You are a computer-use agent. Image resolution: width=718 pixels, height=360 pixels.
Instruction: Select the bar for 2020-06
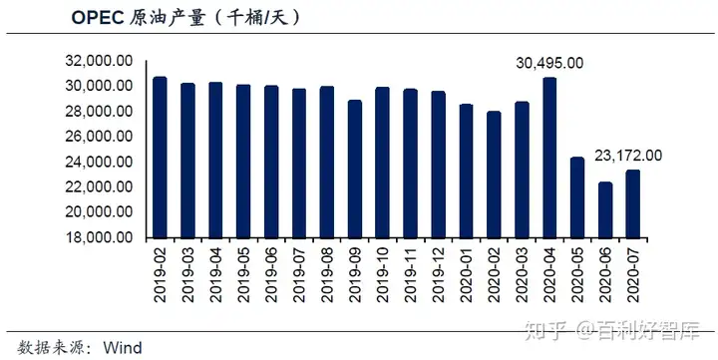[x=605, y=209]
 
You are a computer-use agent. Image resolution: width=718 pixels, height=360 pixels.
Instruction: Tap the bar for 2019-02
[x=160, y=158]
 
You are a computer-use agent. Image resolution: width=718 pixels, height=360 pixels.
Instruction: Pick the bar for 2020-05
[x=577, y=197]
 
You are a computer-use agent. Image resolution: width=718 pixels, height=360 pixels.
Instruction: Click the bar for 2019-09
[x=354, y=169]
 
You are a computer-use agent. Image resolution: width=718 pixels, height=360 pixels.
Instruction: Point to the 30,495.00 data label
[x=549, y=63]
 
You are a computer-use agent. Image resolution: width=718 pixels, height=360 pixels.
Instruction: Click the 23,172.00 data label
[x=628, y=155]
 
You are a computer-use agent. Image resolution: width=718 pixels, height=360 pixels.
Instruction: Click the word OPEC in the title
[x=98, y=18]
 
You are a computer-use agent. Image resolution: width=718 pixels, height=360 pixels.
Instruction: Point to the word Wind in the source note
[x=125, y=348]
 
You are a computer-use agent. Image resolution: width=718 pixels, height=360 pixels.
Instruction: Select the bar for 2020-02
[x=494, y=175]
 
